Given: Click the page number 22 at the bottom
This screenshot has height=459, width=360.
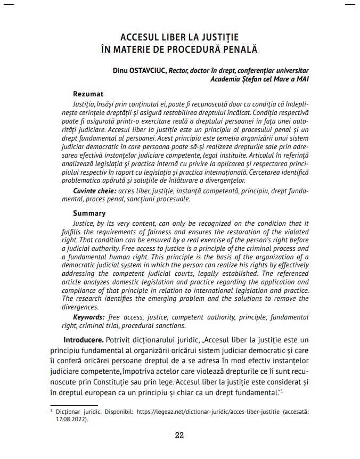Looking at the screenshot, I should pyautogui.click(x=179, y=435).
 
